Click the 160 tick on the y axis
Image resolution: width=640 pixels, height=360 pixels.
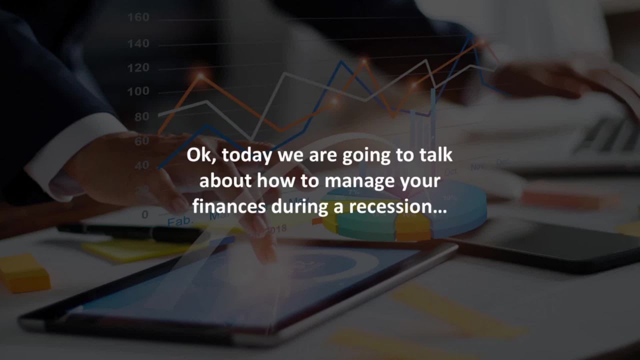138,17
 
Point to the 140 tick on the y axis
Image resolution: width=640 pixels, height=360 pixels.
138,43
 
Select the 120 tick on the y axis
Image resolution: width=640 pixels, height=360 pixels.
138,67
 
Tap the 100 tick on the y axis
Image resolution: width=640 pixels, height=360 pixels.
138,91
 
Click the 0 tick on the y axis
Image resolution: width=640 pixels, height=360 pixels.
145,214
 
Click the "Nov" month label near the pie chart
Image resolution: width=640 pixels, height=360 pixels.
477,166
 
